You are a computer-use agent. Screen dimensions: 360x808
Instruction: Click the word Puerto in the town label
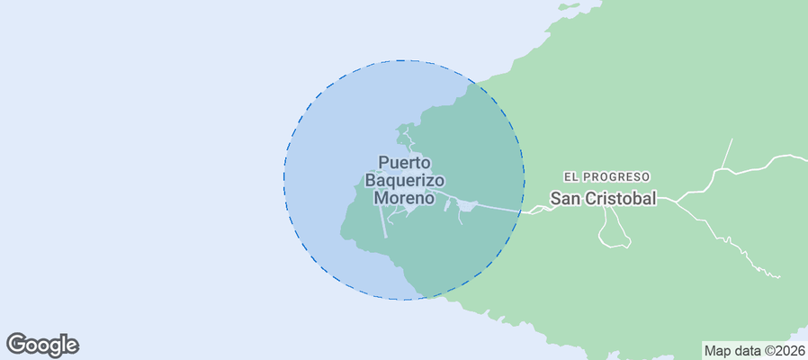click(405, 163)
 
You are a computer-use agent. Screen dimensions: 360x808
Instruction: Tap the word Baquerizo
click(405, 180)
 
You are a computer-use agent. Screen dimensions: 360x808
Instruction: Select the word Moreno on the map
click(405, 197)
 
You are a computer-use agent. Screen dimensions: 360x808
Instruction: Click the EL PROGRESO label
click(606, 177)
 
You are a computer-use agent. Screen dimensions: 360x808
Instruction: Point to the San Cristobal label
click(603, 198)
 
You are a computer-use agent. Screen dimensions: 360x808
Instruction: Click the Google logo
click(42, 345)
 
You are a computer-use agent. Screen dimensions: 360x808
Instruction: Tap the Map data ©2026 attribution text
click(754, 350)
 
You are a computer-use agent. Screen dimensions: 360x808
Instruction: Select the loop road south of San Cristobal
click(615, 231)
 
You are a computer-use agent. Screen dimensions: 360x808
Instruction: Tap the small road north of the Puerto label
click(407, 139)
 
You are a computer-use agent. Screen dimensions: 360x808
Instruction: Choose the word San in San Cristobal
click(566, 198)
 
